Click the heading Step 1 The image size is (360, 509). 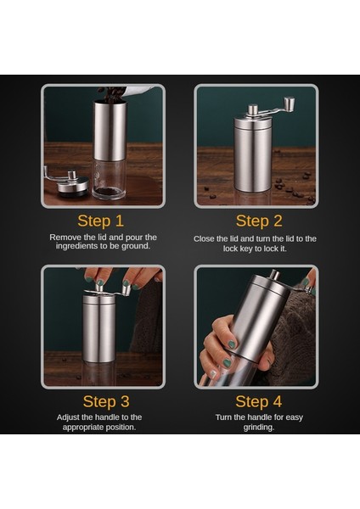coord(101,221)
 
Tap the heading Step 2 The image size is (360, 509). coord(259,221)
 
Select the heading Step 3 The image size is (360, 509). coord(106,401)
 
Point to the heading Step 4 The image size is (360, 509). coord(259,401)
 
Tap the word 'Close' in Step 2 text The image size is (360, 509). coord(204,239)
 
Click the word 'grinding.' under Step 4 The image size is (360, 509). coord(259,428)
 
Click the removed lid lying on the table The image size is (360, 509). coord(72,187)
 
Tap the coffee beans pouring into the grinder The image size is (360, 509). coord(111,94)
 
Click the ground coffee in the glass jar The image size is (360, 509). coord(109,192)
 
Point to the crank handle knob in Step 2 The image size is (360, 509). coord(290,103)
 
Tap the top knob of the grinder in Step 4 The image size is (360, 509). coord(275,275)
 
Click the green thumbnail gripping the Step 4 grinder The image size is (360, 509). coord(231,344)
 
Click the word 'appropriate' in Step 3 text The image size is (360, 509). coord(84,428)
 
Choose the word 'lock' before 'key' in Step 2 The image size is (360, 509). coord(230,249)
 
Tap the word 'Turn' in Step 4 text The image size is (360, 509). coord(223,417)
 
